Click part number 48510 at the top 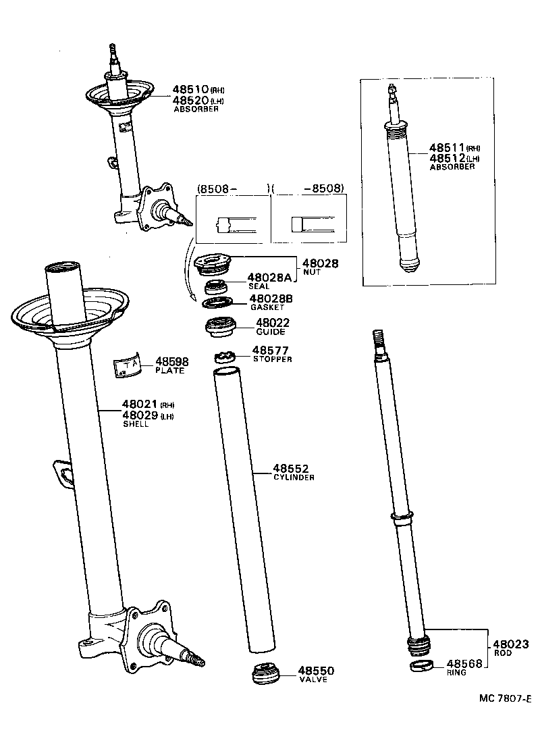190,89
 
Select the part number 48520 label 190,100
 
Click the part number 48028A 269,278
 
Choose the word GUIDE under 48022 270,332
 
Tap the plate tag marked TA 127,365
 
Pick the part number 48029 139,415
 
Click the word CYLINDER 294,477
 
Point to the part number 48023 510,644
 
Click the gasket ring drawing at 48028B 217,301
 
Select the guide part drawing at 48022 220,326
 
